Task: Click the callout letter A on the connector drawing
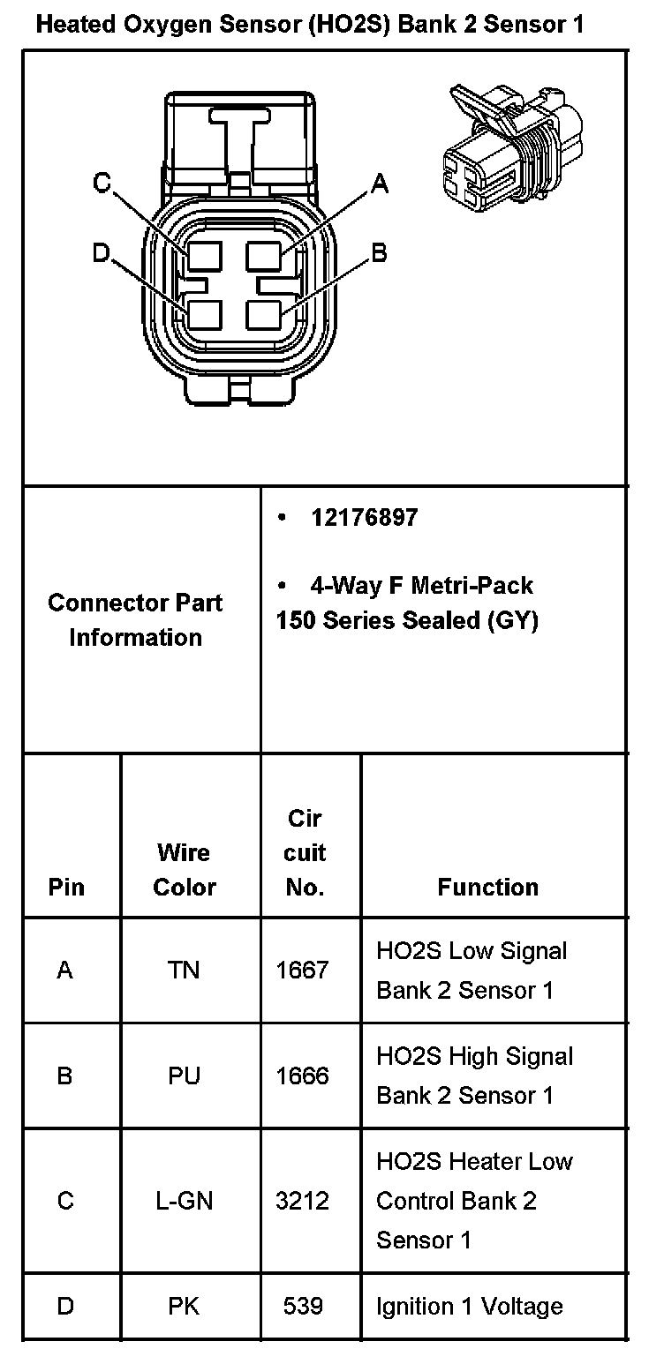coord(380,184)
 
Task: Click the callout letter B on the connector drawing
coord(380,254)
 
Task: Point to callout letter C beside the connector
coord(102,184)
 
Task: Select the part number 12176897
coord(364,518)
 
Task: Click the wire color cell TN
coord(184,971)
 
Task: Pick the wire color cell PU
coord(184,1076)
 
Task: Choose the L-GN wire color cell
coord(184,1201)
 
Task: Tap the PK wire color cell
coord(184,1306)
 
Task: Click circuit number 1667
coord(302,971)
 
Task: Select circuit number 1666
coord(302,1076)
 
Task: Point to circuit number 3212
coord(302,1201)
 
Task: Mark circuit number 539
coord(303,1306)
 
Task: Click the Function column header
coord(487,888)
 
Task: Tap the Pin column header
coord(66,888)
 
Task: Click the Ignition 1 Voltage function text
coord(470,1306)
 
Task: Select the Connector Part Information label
coord(135,620)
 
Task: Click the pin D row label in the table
coord(65,1306)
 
